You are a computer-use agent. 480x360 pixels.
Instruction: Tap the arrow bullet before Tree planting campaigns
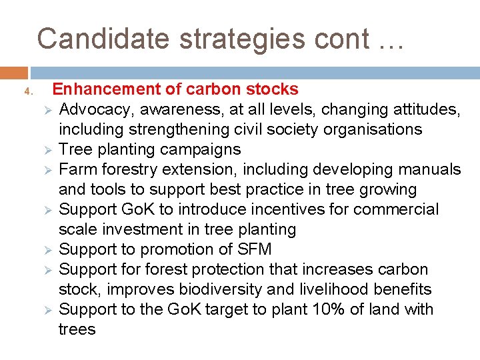point(47,149)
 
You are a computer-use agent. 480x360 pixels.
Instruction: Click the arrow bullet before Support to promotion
point(47,249)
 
